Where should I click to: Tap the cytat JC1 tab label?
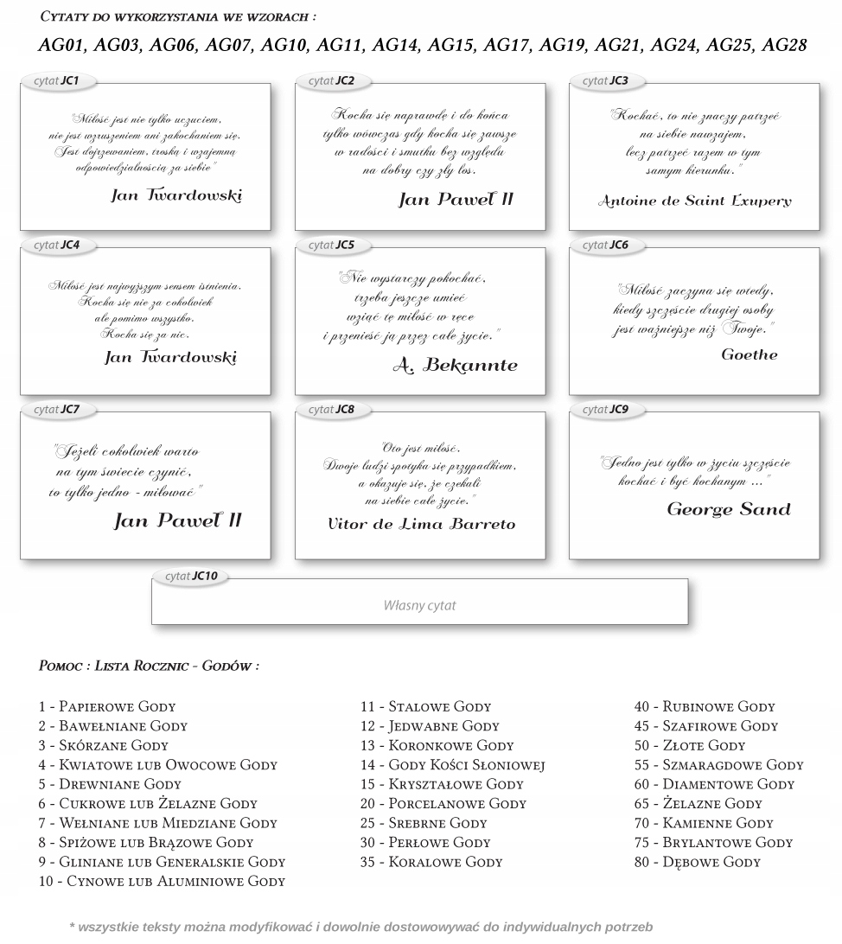[x=57, y=81]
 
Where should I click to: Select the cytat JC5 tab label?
[x=332, y=246]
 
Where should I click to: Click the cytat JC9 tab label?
[x=606, y=409]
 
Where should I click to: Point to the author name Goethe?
[x=749, y=354]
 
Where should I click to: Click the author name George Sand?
[x=728, y=509]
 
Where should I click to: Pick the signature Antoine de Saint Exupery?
[x=694, y=201]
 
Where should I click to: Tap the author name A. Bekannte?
[x=455, y=366]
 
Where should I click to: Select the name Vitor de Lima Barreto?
[x=421, y=524]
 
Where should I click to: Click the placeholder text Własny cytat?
[x=419, y=606]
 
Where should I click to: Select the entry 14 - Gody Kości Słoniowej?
[x=452, y=765]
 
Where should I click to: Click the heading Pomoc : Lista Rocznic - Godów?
[x=149, y=667]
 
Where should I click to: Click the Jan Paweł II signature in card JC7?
[x=178, y=521]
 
